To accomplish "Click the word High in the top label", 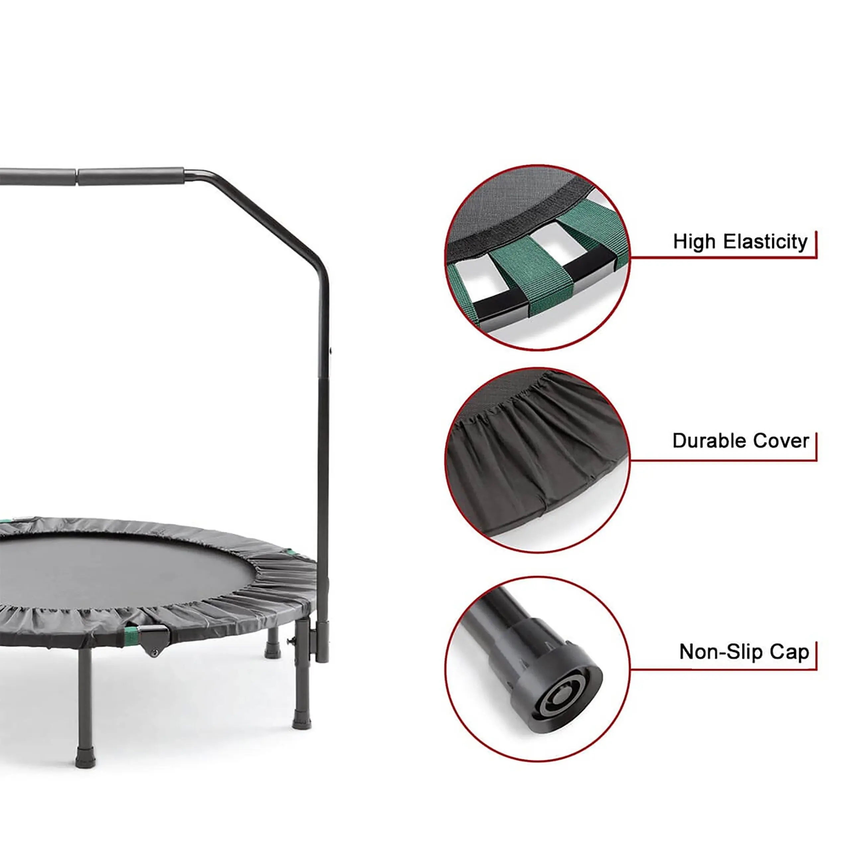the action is tap(696, 241).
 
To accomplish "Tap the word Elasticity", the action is tap(766, 241).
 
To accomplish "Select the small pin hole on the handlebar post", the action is tap(331, 351).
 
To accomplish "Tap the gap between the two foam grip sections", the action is tap(77, 176).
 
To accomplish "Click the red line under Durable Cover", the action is tap(724, 460).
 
